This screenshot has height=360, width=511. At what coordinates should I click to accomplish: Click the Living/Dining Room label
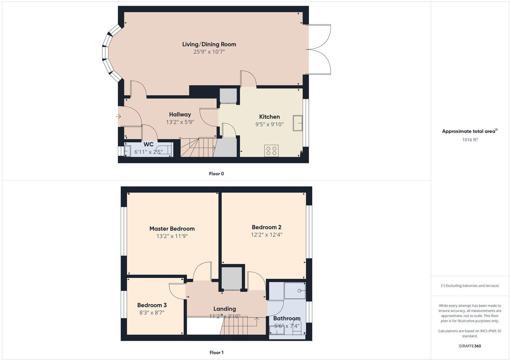point(209,44)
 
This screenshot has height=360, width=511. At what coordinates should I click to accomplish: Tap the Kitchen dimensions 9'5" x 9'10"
point(269,124)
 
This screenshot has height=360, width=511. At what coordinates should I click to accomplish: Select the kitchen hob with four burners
point(271,151)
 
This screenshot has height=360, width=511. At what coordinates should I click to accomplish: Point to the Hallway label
point(180,115)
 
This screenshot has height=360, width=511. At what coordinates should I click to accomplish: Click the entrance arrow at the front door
point(118,117)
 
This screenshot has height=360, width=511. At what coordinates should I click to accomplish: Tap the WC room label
point(149,145)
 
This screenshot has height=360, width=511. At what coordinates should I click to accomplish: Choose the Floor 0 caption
point(216,174)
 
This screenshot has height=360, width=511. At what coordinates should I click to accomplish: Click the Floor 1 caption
point(216,353)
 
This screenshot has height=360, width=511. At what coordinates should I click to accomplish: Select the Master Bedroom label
point(172,229)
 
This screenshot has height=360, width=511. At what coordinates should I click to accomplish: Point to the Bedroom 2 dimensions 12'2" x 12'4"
point(266,235)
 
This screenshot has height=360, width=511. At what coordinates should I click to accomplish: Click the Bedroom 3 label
point(152,305)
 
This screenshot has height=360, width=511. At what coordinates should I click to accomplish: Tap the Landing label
point(225,309)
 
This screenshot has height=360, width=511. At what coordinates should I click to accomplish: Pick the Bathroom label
point(286,319)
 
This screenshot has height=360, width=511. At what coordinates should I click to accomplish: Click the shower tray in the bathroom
point(295,290)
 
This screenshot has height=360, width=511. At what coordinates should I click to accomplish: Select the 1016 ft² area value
point(469,140)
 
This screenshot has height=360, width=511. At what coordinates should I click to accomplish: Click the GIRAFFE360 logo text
point(469,346)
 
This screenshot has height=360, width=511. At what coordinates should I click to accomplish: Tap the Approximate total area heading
point(469,131)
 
